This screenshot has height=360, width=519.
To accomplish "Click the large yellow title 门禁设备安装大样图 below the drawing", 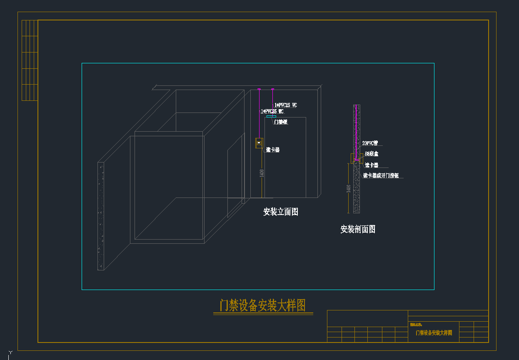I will point(262,305).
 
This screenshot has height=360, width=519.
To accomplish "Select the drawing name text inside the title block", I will point(434,333).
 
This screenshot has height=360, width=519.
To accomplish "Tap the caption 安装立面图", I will point(281,212).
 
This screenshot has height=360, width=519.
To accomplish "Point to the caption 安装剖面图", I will point(358,229).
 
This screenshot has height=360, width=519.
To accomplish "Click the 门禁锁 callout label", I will point(281,122).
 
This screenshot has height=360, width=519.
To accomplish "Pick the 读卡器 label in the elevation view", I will point(272,150).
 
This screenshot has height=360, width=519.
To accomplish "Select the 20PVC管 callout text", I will point(370,143).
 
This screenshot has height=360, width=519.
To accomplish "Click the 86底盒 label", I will point(372,154).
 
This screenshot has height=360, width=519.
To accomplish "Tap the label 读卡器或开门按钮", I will point(381,176).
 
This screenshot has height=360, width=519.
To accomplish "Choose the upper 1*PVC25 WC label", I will point(286,105).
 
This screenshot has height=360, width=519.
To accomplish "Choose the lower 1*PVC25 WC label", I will point(272,111).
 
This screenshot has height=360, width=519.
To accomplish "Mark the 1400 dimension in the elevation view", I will point(262,173).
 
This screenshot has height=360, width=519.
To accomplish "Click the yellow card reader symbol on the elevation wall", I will point(259,143).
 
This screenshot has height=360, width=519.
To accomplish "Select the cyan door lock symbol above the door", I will point(271,117).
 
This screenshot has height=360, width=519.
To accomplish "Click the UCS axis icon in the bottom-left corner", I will point(10,352).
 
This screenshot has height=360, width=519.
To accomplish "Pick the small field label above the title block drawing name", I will point(416,324).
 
